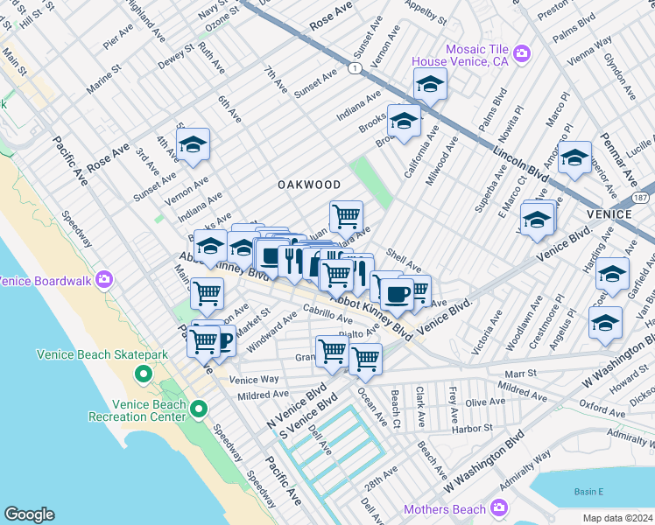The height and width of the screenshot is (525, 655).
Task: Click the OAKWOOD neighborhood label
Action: click(309, 185)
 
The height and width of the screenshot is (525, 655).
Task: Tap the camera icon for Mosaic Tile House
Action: click(522, 54)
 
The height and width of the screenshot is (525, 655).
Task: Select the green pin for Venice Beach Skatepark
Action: click(144, 374)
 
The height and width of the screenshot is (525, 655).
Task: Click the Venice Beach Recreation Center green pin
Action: click(199, 409)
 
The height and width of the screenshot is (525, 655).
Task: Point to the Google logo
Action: click(29, 514)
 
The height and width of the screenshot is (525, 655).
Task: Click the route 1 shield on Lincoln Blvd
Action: click(353, 67)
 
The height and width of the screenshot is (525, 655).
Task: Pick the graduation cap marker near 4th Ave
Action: click(194, 144)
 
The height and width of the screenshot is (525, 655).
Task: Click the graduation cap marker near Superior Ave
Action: click(574, 158)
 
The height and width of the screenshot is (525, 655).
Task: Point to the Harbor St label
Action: click(474, 429)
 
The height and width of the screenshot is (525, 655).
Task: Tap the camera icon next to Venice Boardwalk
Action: click(104, 280)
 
